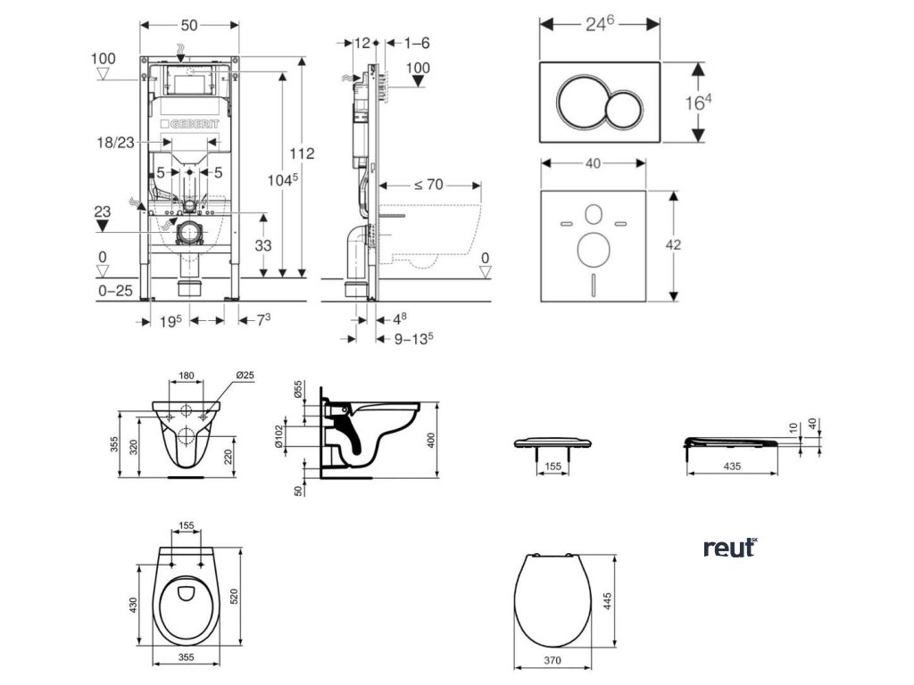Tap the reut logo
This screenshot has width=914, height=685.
click(x=729, y=548)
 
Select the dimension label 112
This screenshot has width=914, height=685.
click(x=303, y=153)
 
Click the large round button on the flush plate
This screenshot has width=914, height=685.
click(x=582, y=102)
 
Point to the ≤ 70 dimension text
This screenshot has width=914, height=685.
click(x=430, y=185)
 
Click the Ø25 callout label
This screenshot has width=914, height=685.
click(x=245, y=376)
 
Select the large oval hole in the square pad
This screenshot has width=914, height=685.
click(x=594, y=249)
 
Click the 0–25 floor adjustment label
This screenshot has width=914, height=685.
click(x=114, y=291)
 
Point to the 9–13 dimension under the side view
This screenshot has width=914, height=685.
click(x=411, y=338)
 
